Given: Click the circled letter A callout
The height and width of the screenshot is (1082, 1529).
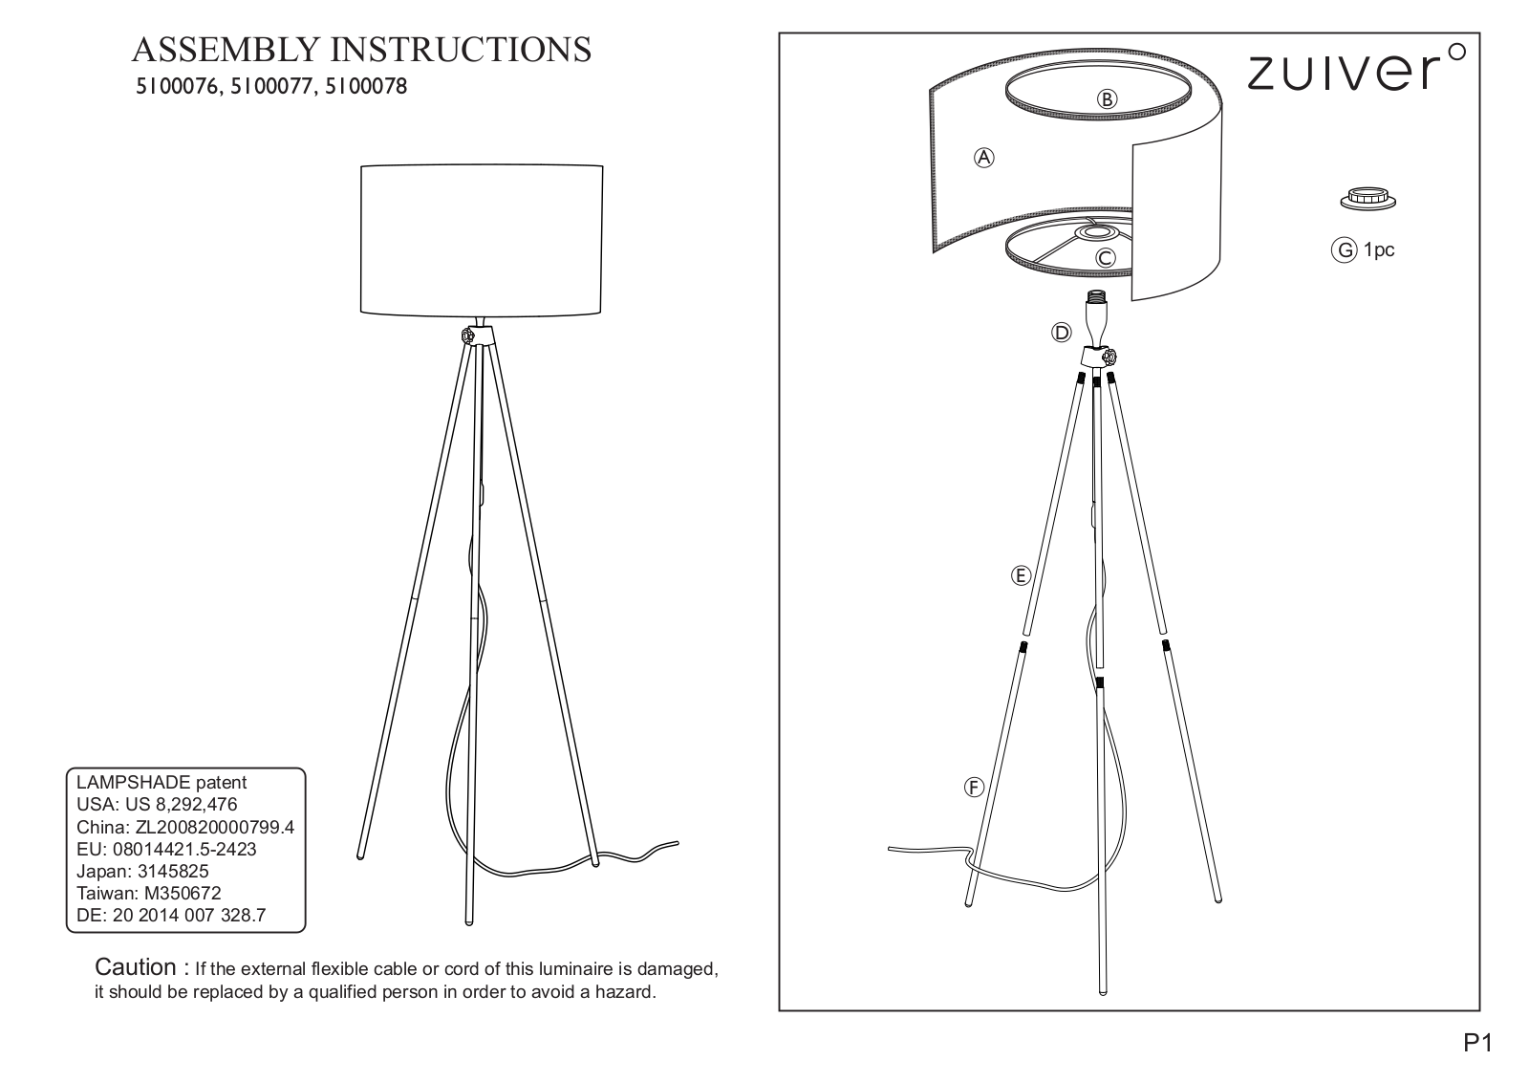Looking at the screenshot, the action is pos(983,158).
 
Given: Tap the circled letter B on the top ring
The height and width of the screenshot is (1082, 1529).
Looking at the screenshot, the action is pos(1107,99).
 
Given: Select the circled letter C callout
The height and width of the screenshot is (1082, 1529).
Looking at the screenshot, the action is pos(1105,258).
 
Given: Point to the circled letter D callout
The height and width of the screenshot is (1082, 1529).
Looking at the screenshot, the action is pos(1062,333).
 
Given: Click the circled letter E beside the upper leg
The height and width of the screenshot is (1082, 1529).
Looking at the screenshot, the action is pos(1021,575).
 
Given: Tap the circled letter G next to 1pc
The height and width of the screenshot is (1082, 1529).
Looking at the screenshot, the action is pos(1344,250).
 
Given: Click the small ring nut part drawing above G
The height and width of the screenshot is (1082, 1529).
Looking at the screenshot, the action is pos(1367,199).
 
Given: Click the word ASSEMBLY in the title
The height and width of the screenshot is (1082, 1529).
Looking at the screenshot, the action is pos(226,50).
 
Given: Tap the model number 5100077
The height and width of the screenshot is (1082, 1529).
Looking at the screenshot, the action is pos(271,87).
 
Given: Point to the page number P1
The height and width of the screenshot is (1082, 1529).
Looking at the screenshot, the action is pos(1477,1043).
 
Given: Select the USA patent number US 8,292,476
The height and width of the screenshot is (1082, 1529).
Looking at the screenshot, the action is pos(181,804).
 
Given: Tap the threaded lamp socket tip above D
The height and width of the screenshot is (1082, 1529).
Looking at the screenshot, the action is pos(1096,296).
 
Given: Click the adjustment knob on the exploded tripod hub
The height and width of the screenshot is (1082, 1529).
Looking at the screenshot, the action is pos(1110,356).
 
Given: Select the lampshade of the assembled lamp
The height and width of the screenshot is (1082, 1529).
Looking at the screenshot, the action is pos(482,240).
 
